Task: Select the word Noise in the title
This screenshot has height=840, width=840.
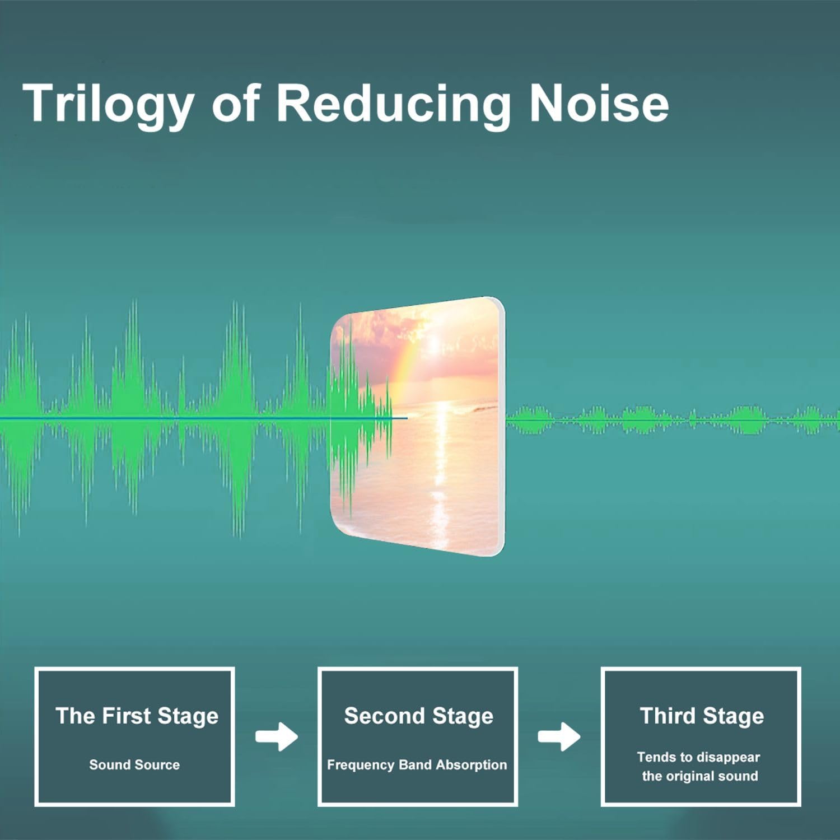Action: click(599, 103)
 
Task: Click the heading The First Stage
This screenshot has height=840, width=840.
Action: click(137, 716)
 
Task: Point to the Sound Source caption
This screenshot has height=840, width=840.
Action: click(134, 764)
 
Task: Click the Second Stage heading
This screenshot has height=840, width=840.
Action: click(418, 716)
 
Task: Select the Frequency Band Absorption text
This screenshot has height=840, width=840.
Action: click(417, 765)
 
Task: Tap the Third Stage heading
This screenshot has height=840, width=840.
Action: click(702, 716)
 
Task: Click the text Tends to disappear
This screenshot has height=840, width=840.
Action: click(698, 758)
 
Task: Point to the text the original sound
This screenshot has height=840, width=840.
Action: click(700, 776)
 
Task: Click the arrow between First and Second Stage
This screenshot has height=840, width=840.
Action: click(277, 736)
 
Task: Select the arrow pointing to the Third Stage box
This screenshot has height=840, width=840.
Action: click(559, 736)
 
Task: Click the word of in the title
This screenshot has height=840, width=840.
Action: click(236, 103)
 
